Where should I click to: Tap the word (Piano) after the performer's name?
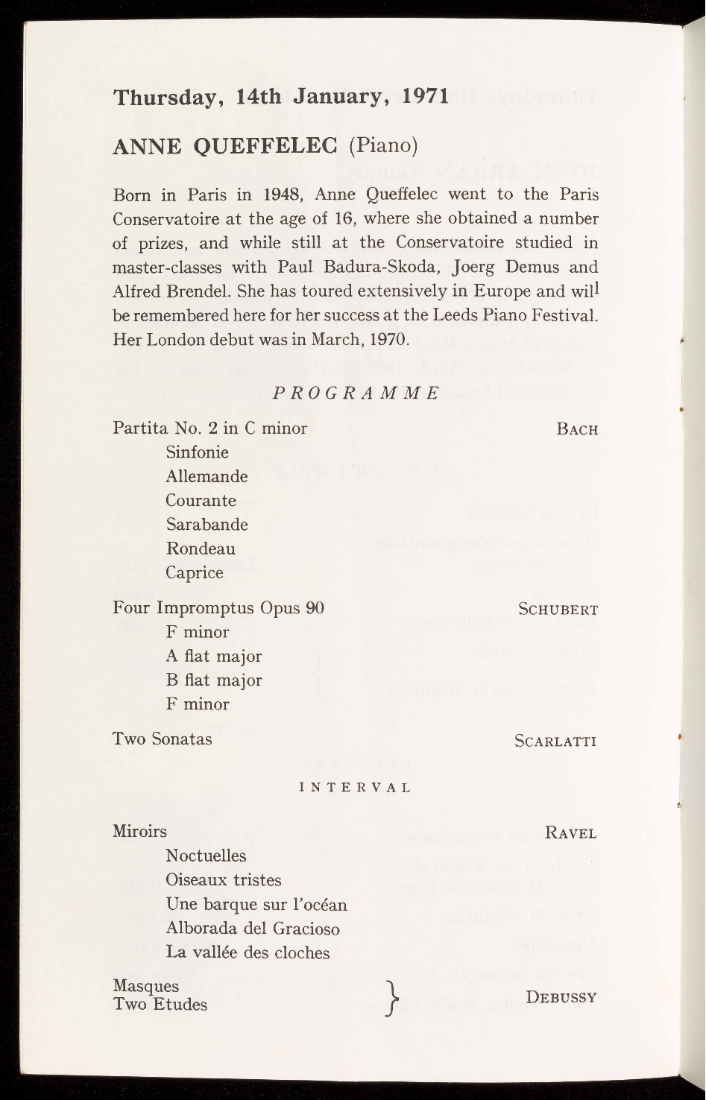tap(382, 145)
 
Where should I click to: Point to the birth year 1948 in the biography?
tap(282, 195)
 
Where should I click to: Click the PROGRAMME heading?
tap(356, 393)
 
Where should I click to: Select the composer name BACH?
tap(576, 429)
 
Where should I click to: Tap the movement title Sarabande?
tap(207, 525)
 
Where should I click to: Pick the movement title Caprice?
tap(195, 573)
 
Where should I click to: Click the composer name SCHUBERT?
tap(558, 610)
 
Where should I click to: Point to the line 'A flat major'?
tap(213, 657)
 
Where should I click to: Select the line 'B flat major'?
tap(213, 680)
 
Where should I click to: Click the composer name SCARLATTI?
tap(555, 741)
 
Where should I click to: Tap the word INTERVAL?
tap(355, 787)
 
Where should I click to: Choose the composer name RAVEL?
tap(570, 833)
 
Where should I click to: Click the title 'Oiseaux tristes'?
tap(223, 880)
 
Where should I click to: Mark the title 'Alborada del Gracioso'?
tap(252, 929)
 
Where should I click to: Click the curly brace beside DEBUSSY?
tap(388, 996)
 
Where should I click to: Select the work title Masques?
tap(145, 986)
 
